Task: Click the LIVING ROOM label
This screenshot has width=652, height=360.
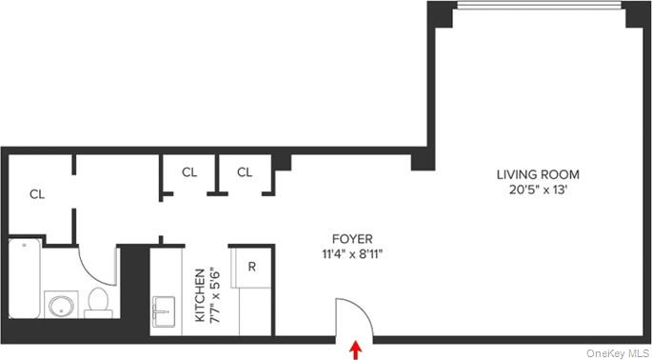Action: [x=538, y=174]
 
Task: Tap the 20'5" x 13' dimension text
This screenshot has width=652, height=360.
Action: [x=538, y=190]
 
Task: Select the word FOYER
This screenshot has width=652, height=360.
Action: [x=352, y=239]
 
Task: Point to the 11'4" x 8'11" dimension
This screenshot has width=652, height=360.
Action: [x=352, y=254]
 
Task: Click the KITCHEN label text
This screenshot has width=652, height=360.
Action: [x=200, y=294]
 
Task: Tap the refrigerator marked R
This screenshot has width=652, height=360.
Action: [x=252, y=267]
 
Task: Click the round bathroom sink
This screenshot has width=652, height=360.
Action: [x=61, y=307]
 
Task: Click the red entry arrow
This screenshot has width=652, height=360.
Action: [x=357, y=350]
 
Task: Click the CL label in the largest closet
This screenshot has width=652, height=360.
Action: [x=37, y=194]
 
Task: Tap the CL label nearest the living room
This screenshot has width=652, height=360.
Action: [x=245, y=172]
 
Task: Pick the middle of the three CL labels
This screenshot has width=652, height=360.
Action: [x=189, y=172]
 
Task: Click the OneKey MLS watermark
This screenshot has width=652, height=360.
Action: [x=618, y=352]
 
